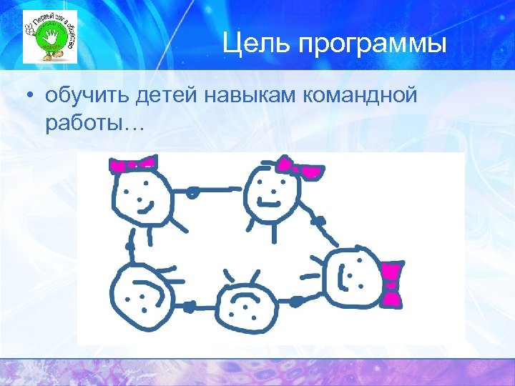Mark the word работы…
click(x=94, y=124)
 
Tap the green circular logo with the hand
click(x=49, y=37)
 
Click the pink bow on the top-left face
click(x=132, y=165)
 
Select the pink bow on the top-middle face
click(x=302, y=169)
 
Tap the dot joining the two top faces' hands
click(x=192, y=191)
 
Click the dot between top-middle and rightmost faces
click(x=319, y=221)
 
